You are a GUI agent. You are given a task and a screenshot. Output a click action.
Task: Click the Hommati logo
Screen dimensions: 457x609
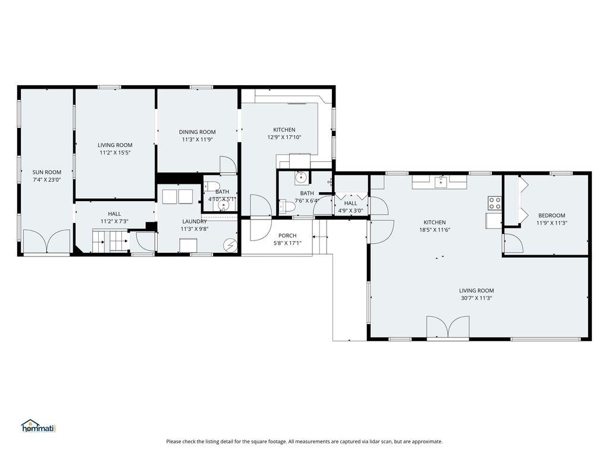coord(38,425)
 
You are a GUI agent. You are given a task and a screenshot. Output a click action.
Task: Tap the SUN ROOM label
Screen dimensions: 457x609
coord(46,172)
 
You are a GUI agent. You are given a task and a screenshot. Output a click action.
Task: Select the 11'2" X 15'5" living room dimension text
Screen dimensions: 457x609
coord(115,153)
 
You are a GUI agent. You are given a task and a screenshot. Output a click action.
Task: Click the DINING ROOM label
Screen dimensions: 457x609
coord(197,132)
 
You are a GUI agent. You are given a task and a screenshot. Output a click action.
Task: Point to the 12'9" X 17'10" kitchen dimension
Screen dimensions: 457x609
coord(284,137)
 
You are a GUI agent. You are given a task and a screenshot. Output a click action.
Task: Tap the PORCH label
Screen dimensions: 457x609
coord(287,236)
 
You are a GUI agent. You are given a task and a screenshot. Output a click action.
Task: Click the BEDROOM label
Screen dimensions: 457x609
coord(551,215)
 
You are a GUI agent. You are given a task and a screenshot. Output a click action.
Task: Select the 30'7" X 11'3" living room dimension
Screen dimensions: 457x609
coord(476,298)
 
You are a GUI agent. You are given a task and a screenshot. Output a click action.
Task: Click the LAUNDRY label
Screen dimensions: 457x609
coord(194,221)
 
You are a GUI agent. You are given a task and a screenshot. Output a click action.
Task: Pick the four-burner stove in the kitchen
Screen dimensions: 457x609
coord(495,203)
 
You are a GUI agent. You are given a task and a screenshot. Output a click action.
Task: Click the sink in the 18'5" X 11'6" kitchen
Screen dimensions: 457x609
coord(440,181)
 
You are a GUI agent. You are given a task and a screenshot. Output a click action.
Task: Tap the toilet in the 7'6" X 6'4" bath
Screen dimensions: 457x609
coord(287,206)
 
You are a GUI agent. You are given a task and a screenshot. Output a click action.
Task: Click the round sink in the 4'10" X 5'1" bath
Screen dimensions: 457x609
coord(223,206)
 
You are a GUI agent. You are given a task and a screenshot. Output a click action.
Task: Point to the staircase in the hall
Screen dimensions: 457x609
coord(110,243)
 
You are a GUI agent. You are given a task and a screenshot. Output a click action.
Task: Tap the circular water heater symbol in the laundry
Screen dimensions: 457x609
coord(229,244)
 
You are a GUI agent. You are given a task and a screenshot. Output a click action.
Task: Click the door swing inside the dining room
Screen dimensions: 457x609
coord(227,165)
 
